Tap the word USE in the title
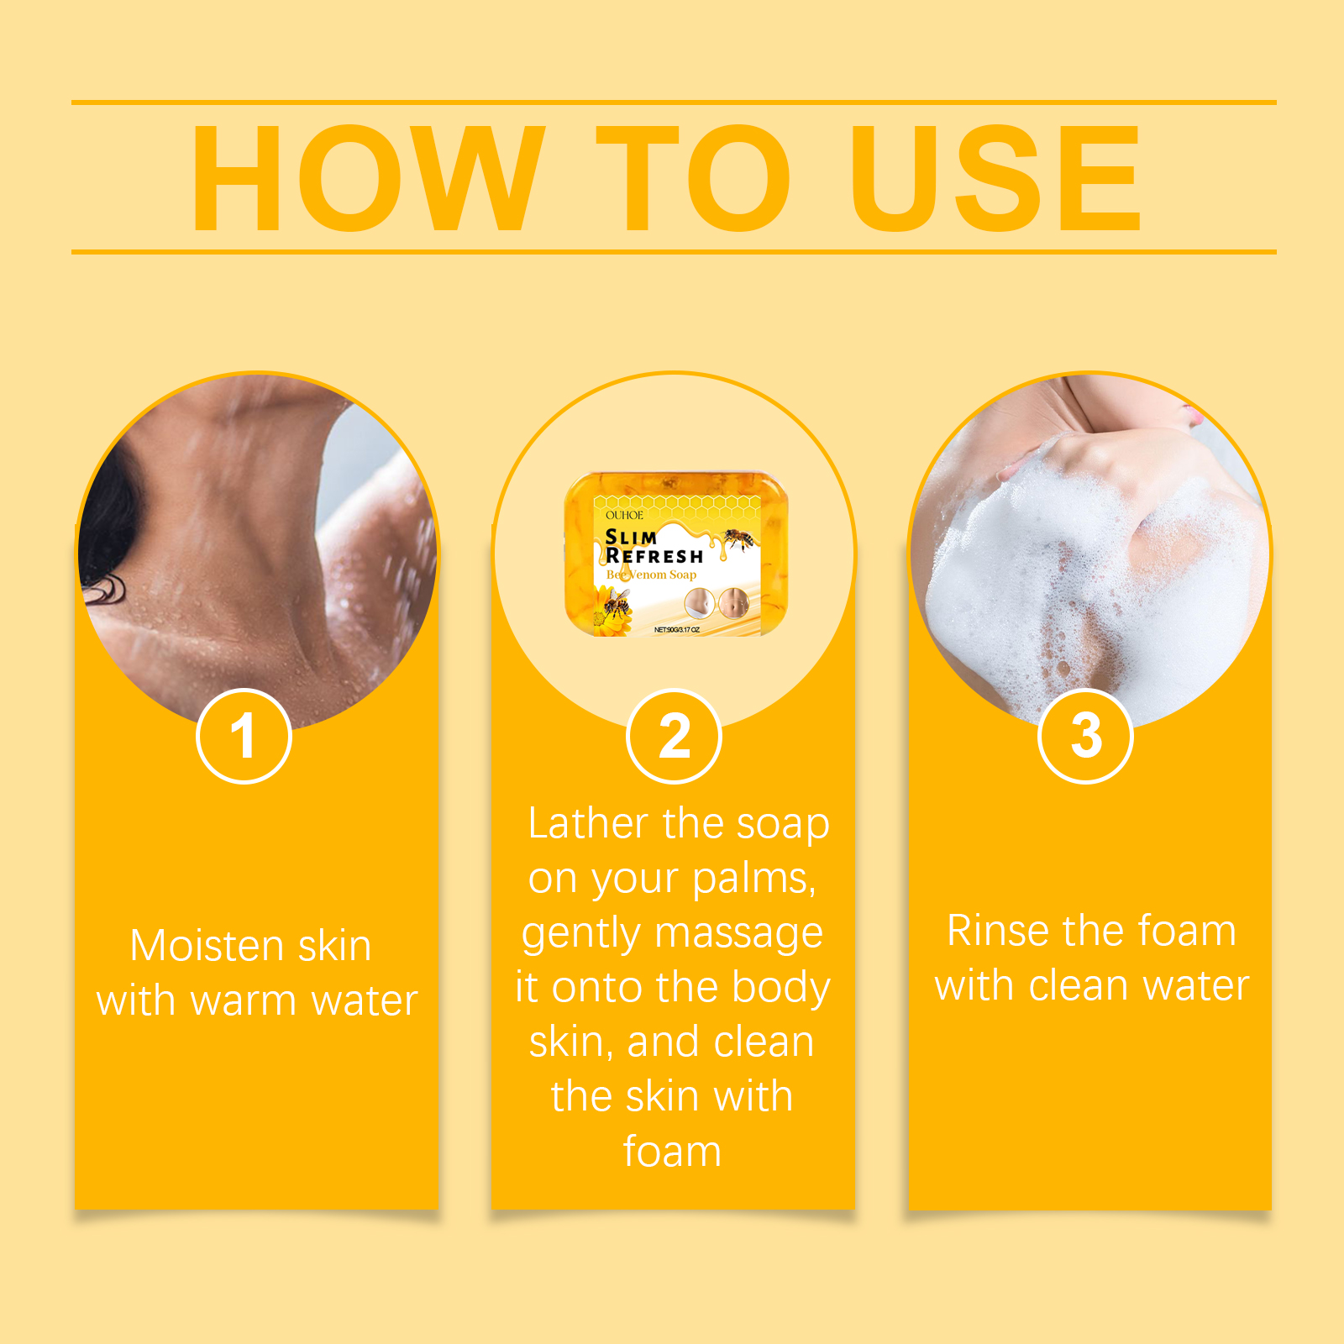tap(996, 177)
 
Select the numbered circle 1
tap(244, 736)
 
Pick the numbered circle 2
tap(674, 736)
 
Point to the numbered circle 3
tap(1085, 736)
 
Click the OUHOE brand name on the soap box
tap(624, 515)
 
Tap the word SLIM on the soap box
tap(631, 537)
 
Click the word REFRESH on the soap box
tap(654, 556)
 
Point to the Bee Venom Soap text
tap(651, 575)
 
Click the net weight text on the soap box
tap(677, 629)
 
